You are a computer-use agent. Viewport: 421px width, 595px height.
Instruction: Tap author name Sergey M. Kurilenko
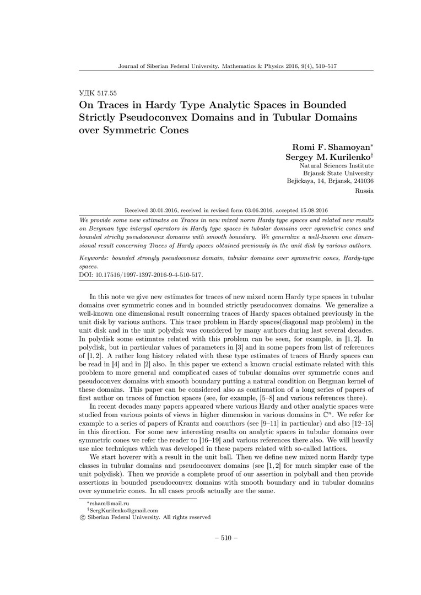pyautogui.click(x=328, y=156)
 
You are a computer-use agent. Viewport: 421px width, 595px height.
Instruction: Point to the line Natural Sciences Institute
pyautogui.click(x=337, y=165)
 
